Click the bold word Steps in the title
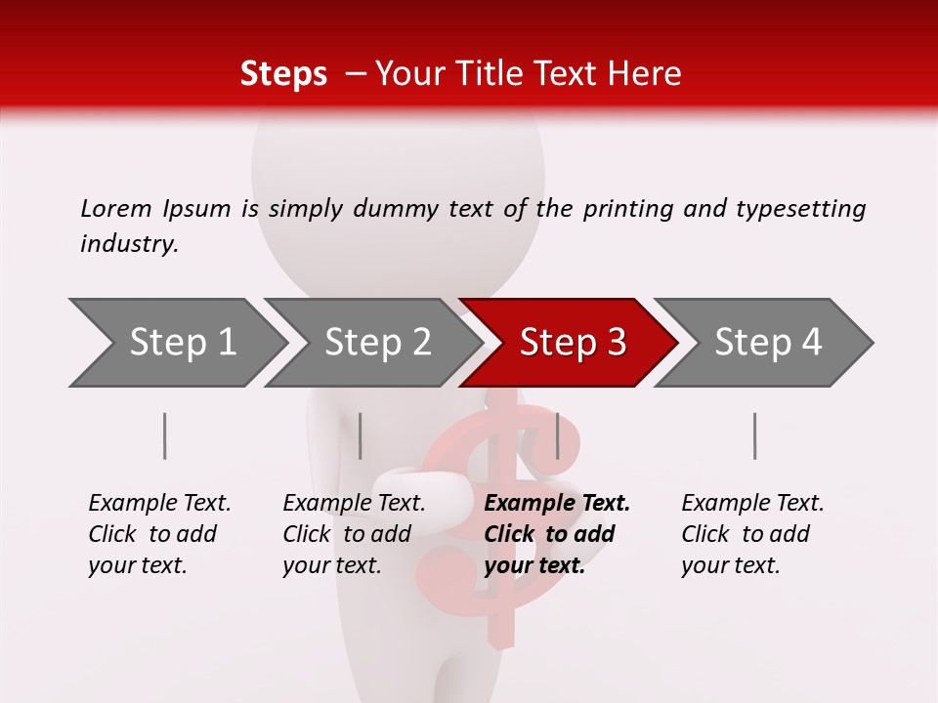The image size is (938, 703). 283,73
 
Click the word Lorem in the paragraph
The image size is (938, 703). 115,208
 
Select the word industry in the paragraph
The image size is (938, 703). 129,244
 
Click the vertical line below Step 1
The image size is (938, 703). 165,435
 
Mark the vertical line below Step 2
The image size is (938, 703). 361,435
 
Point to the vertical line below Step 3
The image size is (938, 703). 557,435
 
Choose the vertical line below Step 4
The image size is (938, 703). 755,435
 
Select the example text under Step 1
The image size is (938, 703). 159,534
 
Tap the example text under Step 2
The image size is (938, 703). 354,534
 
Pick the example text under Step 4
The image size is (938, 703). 752,534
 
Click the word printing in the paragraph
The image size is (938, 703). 626,209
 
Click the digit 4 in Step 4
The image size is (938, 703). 810,343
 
